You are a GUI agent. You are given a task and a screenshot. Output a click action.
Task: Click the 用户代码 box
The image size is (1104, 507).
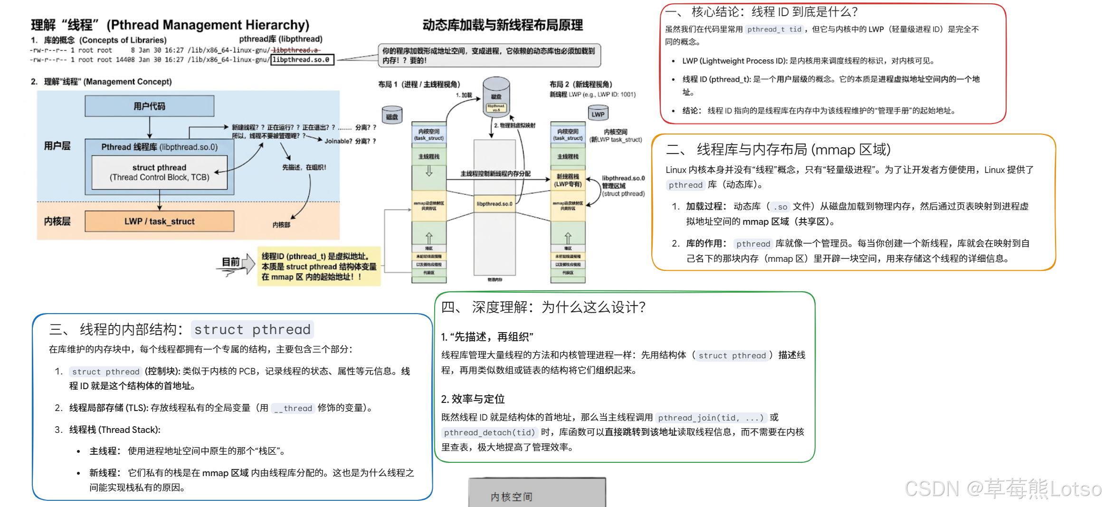(x=149, y=106)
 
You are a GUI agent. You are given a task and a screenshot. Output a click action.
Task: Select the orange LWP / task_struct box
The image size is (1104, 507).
(x=159, y=221)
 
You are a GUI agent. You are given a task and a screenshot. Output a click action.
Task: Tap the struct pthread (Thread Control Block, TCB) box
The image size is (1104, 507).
(x=159, y=172)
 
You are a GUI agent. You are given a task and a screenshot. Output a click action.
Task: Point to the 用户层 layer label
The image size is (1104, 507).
(x=57, y=146)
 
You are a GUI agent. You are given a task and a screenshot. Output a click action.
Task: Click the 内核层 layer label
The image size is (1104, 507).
(x=57, y=221)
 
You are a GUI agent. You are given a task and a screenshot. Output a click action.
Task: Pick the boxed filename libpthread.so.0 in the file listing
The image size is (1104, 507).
(x=302, y=60)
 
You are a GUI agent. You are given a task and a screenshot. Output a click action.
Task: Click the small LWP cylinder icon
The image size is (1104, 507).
(x=598, y=114)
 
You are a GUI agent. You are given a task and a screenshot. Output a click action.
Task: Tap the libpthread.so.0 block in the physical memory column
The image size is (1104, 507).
(x=495, y=204)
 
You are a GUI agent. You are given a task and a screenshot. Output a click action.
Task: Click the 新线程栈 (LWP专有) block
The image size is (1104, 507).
(x=568, y=180)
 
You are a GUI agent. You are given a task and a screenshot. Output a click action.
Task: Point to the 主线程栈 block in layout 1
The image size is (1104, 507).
(x=428, y=156)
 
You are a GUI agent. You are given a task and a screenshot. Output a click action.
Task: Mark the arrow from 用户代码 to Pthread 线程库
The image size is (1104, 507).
(x=150, y=127)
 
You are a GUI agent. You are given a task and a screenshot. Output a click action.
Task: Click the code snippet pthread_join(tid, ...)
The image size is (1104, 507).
(x=711, y=418)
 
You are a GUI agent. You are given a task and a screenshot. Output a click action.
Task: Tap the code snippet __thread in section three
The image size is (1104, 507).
(x=293, y=408)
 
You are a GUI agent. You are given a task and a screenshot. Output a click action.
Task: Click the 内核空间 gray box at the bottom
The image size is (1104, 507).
(x=537, y=494)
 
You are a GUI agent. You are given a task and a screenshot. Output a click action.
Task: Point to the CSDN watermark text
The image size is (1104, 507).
(x=1002, y=489)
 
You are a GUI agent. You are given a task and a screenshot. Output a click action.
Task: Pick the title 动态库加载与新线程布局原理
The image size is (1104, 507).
(x=503, y=25)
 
